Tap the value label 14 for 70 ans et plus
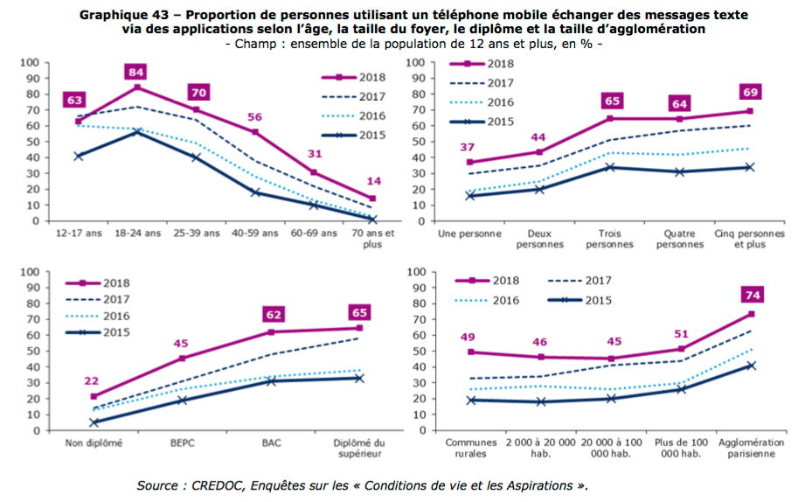pos(372,181)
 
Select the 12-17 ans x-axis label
pos(77,234)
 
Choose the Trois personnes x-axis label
pos(609,239)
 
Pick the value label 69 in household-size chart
pos(750,93)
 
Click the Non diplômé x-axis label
pos(93,443)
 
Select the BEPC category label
pos(182,443)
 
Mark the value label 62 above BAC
pos(272,313)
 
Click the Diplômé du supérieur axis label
pos(359,448)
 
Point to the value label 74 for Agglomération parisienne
pos(751,295)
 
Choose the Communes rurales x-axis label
pos(472,448)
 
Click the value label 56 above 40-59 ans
pos(254,116)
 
